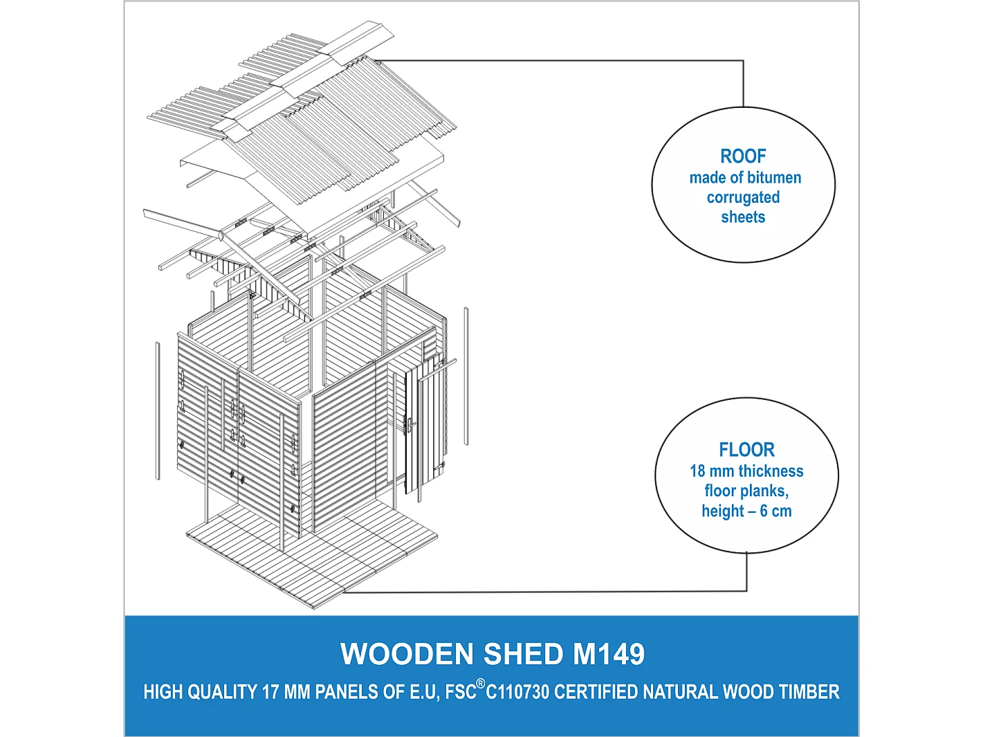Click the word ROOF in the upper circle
(x=743, y=156)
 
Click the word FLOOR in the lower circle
(x=746, y=450)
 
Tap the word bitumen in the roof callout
(x=773, y=178)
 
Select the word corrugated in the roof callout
(x=743, y=198)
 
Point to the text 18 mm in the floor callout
(x=712, y=471)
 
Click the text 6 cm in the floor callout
(x=775, y=511)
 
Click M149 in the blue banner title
(x=609, y=655)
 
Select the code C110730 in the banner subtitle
(x=517, y=692)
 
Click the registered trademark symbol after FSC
(x=481, y=684)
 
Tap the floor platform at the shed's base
(x=311, y=554)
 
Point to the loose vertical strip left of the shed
(x=158, y=410)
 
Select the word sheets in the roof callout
(x=743, y=217)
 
